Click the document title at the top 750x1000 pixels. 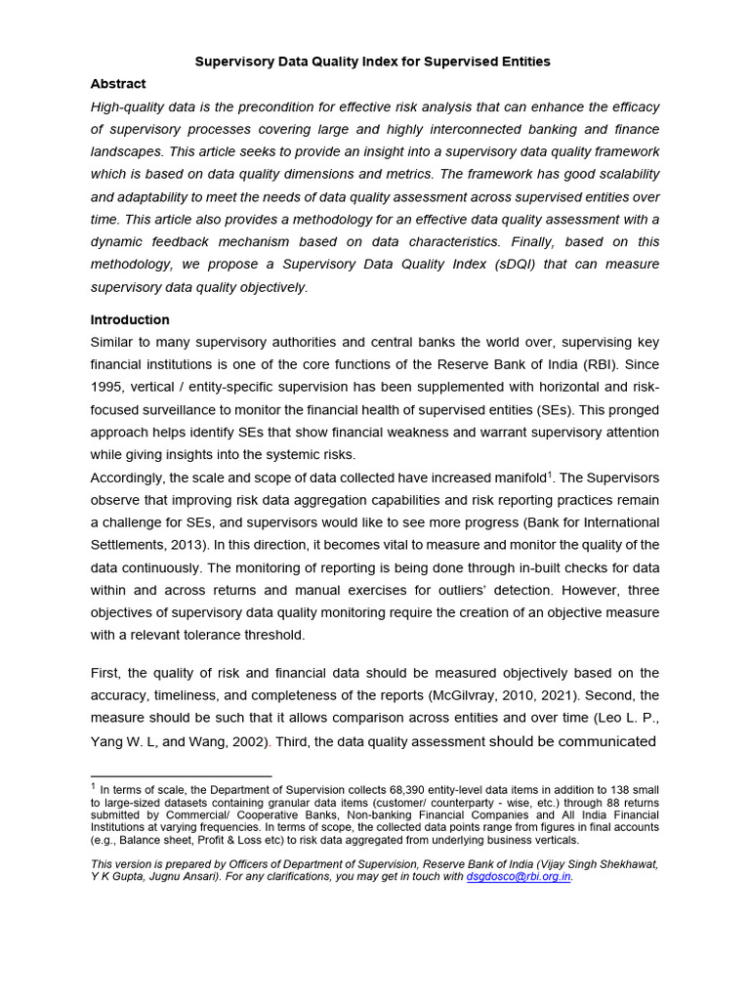point(373,62)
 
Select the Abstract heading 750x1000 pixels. point(118,84)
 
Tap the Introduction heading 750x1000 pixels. point(130,319)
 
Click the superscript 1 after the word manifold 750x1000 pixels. point(551,474)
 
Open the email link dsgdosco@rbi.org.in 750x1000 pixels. point(518,877)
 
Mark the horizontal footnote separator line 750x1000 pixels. point(180,776)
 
